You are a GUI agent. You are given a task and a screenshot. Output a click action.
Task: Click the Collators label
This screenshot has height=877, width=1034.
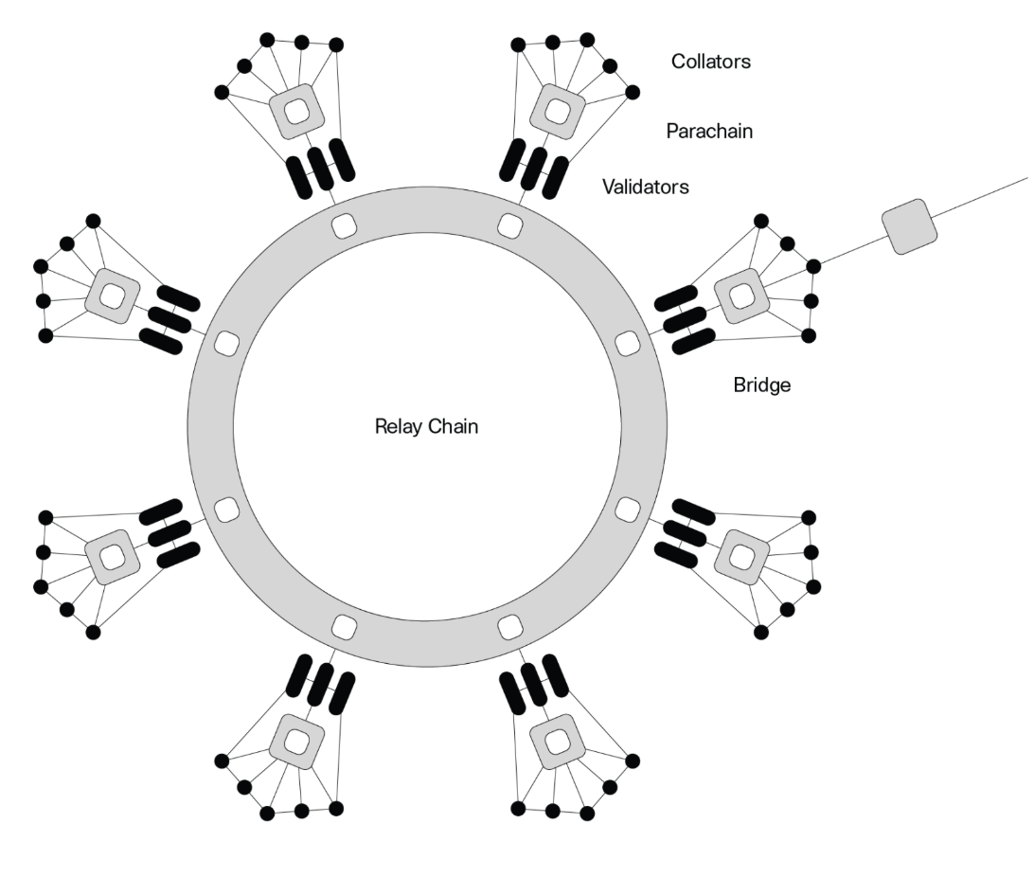point(711,62)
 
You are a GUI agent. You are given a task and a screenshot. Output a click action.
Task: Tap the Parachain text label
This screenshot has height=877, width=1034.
point(709,132)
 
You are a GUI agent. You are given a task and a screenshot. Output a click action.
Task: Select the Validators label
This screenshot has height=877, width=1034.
point(646,188)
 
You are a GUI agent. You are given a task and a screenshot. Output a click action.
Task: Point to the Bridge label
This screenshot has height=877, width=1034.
point(761,385)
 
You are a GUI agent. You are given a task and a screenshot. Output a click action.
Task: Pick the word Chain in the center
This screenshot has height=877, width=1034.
point(452,426)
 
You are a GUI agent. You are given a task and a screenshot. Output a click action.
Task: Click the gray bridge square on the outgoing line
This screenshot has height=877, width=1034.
point(909,226)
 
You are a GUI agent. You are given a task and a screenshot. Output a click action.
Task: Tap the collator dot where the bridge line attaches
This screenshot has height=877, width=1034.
point(813,266)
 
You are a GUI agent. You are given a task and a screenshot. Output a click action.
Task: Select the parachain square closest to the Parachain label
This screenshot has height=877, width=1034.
point(558,111)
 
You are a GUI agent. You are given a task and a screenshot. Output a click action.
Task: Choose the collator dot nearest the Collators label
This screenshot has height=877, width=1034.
point(632,92)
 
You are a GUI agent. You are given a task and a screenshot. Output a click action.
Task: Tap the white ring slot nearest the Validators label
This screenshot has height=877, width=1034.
point(509,226)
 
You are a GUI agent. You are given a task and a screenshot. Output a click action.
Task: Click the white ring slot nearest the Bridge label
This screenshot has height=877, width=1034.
point(627,344)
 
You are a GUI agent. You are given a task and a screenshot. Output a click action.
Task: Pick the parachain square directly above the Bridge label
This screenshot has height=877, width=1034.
point(741,295)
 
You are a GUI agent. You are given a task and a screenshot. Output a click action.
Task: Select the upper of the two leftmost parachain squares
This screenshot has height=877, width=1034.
point(113,295)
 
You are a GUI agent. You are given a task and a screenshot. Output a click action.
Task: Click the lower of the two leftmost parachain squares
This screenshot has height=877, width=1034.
point(113,557)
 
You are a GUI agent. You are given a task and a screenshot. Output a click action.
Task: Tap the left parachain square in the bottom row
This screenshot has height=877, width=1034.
point(296,742)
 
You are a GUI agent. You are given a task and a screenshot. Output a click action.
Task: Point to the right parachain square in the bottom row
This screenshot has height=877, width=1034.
point(558,742)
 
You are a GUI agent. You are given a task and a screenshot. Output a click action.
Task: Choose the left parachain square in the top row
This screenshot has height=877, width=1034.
point(296,111)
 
